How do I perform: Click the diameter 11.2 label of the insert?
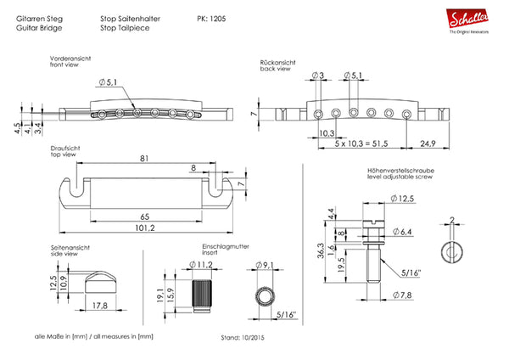coord(200,265)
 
